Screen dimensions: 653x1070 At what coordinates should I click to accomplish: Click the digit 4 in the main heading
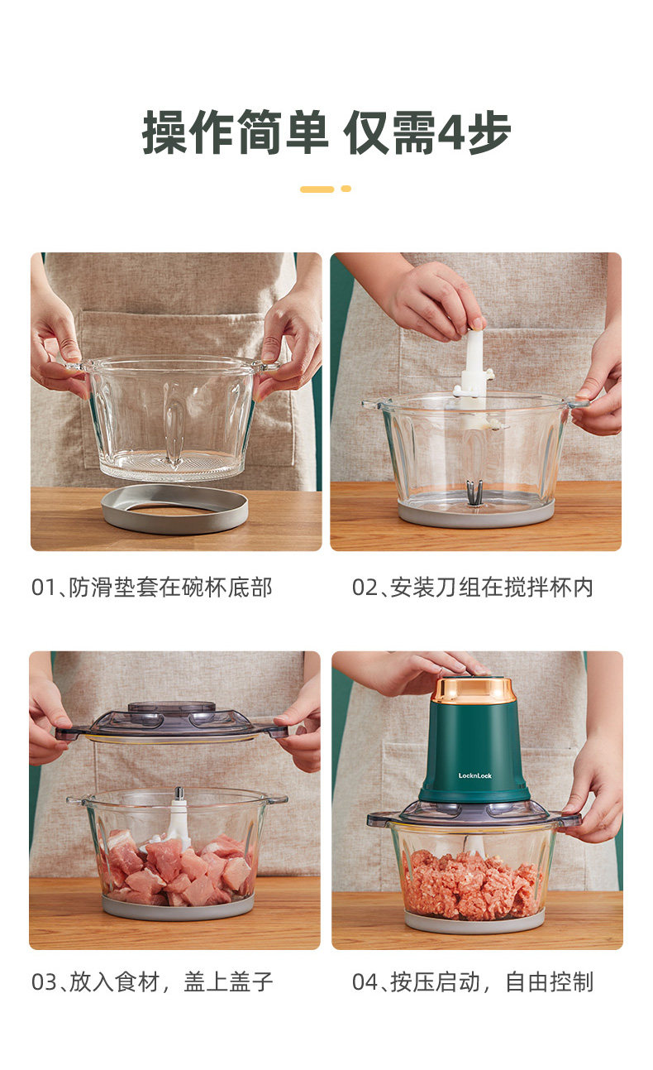[x=450, y=132]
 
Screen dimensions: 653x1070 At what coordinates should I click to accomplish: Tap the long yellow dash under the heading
[x=317, y=190]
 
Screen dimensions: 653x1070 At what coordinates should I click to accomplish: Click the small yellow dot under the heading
[x=346, y=189]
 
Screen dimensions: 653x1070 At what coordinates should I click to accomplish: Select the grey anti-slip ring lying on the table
[x=174, y=508]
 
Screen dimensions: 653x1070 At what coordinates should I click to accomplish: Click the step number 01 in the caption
[x=44, y=588]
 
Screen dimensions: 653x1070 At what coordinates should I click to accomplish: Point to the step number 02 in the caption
[x=365, y=588]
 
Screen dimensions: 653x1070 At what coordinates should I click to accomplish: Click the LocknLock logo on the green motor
[x=474, y=775]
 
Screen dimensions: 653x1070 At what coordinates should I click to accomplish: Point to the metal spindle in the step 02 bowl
[x=474, y=492]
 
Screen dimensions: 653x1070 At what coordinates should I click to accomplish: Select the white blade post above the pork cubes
[x=178, y=812]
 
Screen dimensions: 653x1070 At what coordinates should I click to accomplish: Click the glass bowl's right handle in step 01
[x=265, y=366]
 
